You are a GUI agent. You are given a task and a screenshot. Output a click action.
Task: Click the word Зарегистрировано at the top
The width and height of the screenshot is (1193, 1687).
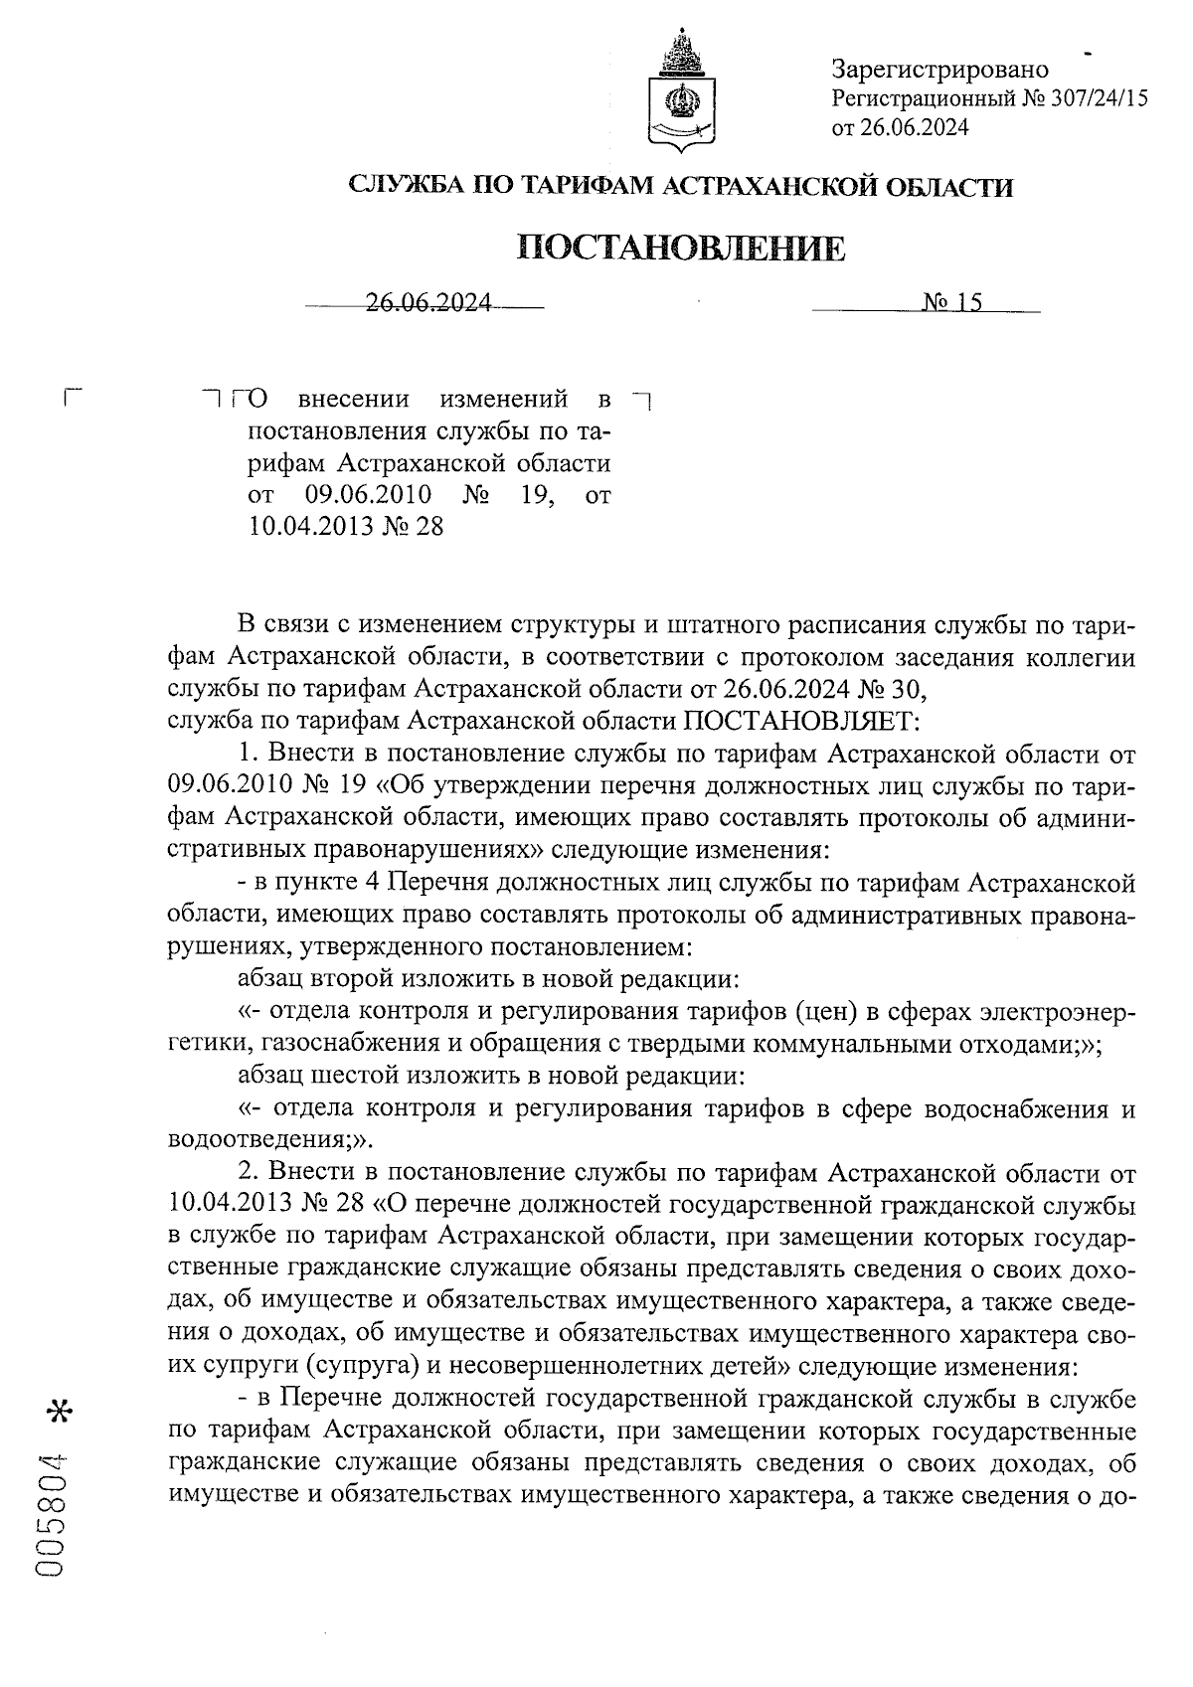pos(939,69)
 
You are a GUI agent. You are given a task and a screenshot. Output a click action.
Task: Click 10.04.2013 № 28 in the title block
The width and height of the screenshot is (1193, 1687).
pos(345,526)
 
